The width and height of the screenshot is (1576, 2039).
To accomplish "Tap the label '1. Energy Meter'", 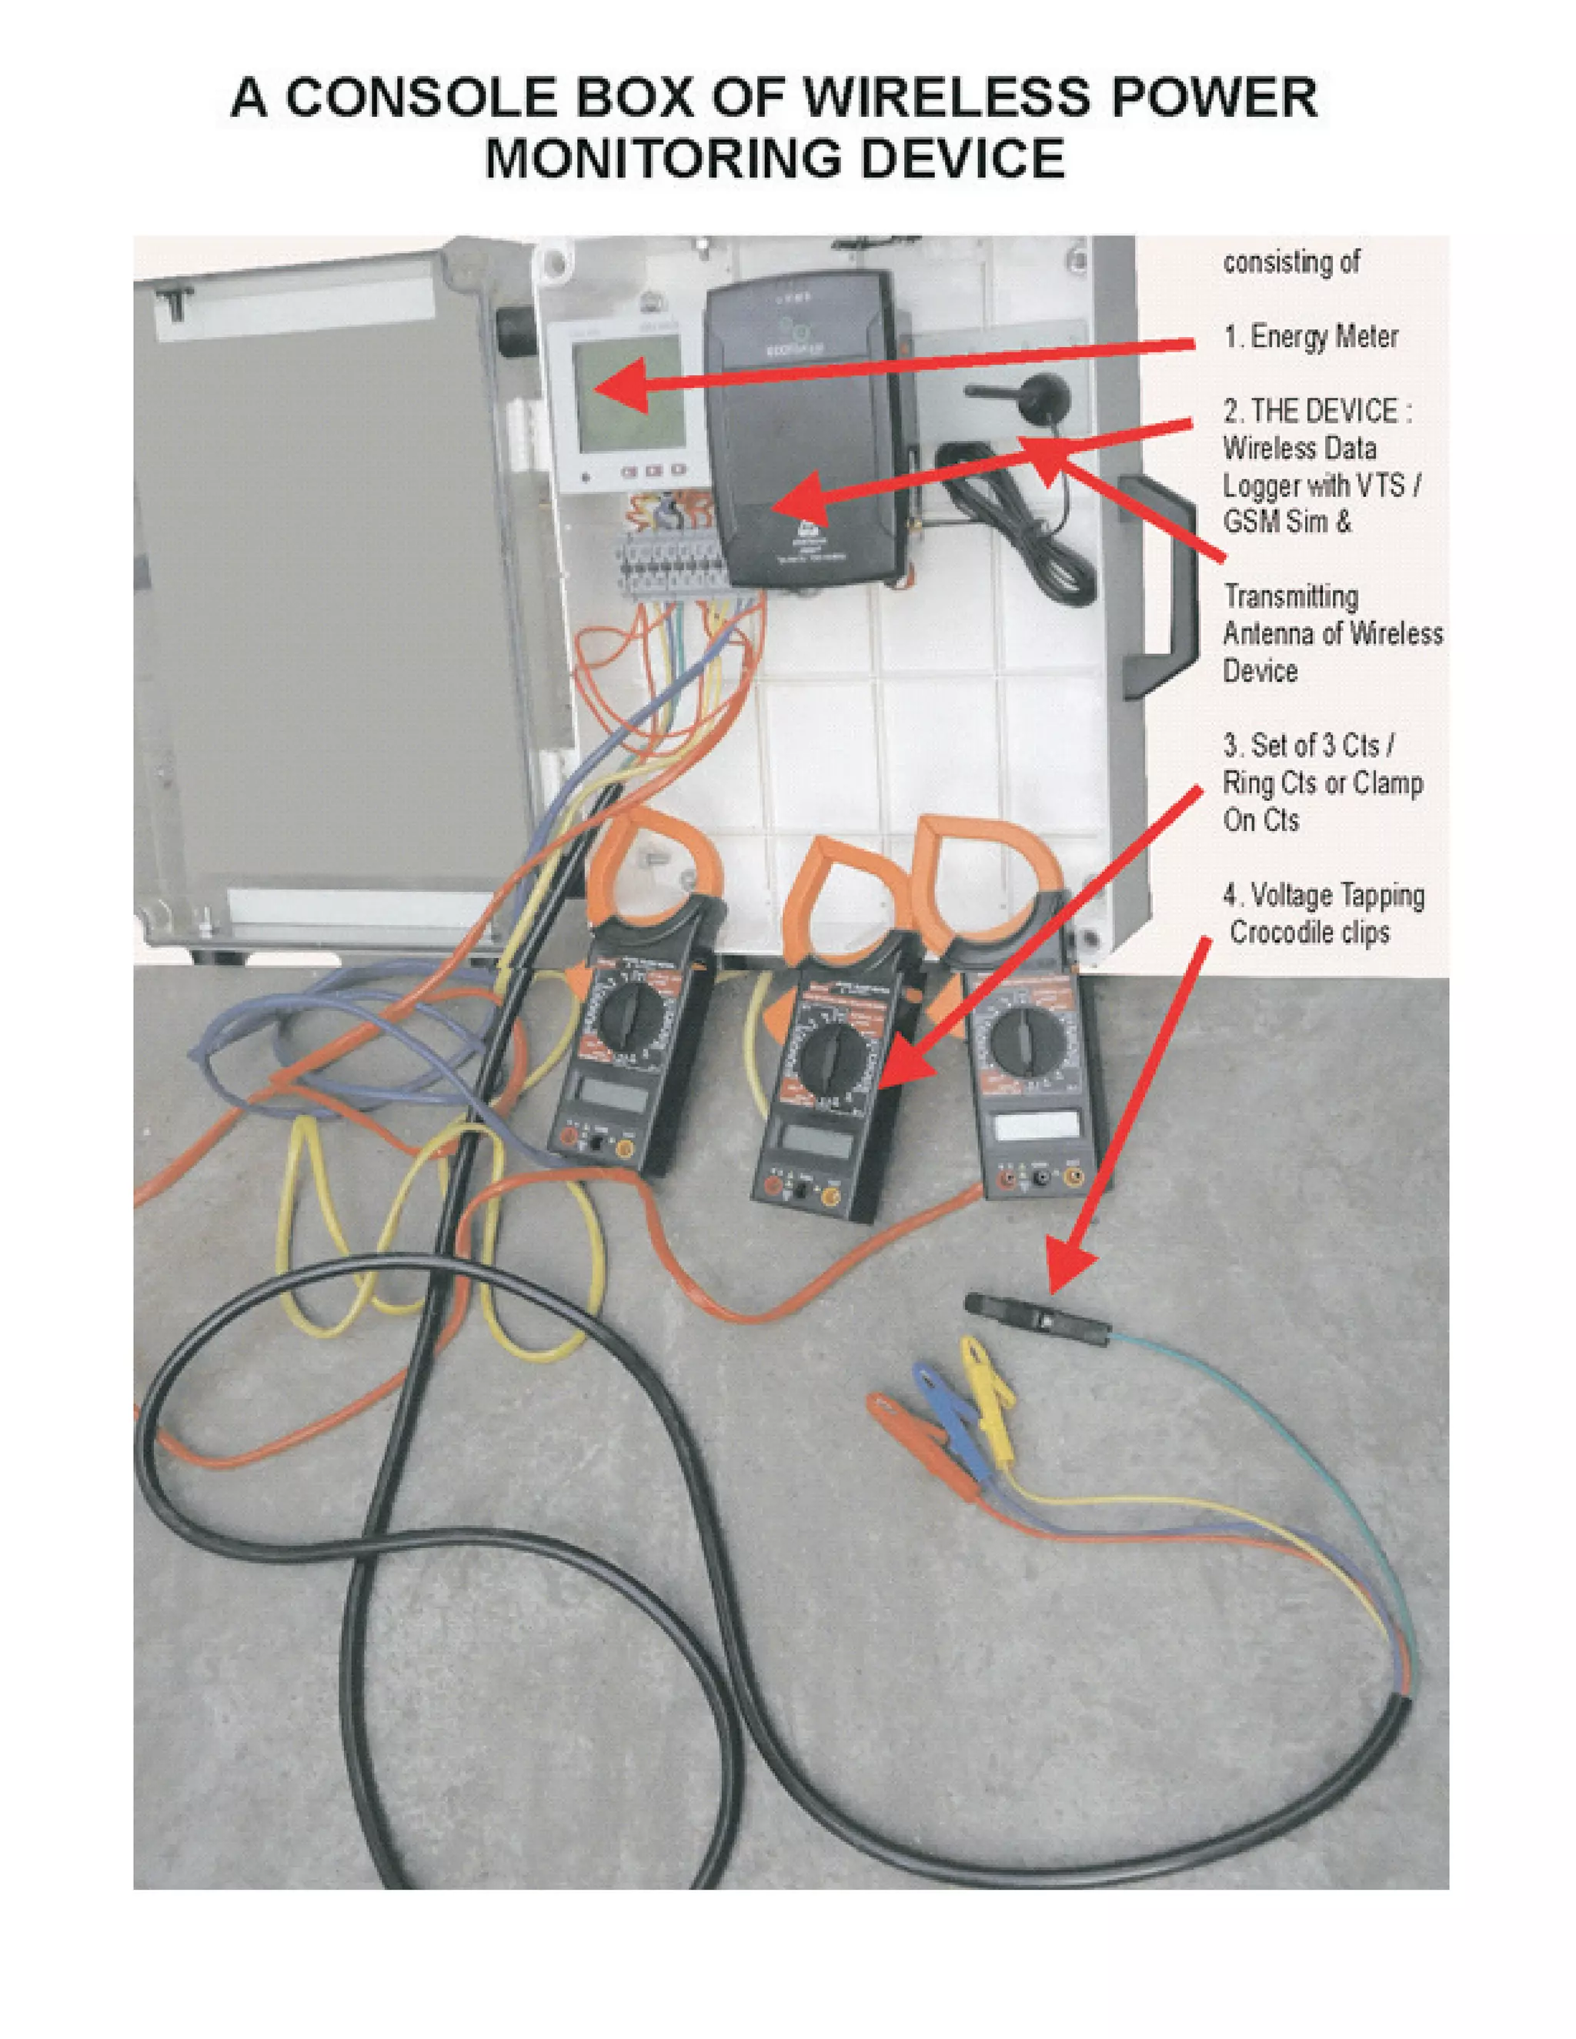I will tap(1310, 336).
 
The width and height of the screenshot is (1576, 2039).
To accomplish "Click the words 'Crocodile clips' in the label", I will tap(1309, 932).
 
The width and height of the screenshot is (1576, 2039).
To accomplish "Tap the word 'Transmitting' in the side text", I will tap(1291, 596).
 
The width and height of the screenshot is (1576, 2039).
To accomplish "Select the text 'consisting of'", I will tap(1291, 263).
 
